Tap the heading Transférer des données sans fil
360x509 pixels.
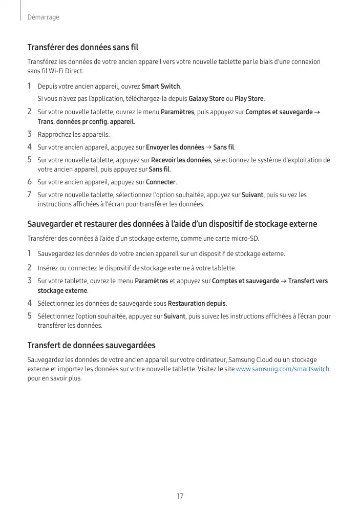[x=83, y=48]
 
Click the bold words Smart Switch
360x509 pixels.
[x=161, y=86]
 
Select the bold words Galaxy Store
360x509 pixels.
[x=206, y=98]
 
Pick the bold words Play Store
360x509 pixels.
[x=249, y=98]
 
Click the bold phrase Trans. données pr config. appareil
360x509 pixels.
[x=86, y=122]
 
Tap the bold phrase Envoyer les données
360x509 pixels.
[x=175, y=147]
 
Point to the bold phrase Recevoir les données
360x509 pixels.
[x=181, y=160]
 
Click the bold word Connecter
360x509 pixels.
[x=161, y=182]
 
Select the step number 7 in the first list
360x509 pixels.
[x=30, y=195]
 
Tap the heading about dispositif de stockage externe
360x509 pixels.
[x=172, y=224]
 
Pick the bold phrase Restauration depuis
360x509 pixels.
[x=197, y=303]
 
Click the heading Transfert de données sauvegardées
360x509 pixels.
[x=91, y=345]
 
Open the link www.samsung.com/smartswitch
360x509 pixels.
[x=283, y=369]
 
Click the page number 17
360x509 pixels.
[x=180, y=497]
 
